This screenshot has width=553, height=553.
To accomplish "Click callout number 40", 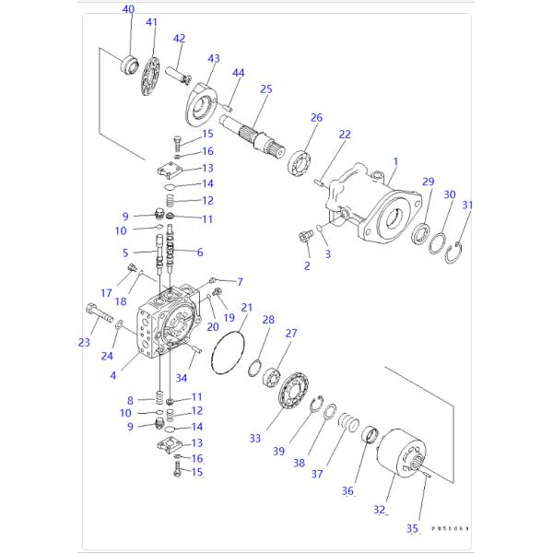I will click(x=128, y=10).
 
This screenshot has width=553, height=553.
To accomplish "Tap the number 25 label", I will click(x=266, y=88).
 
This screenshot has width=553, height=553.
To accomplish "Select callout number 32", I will click(x=379, y=509).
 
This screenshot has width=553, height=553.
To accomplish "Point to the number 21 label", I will click(x=246, y=307).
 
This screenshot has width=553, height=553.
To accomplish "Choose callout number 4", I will click(x=112, y=374).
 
